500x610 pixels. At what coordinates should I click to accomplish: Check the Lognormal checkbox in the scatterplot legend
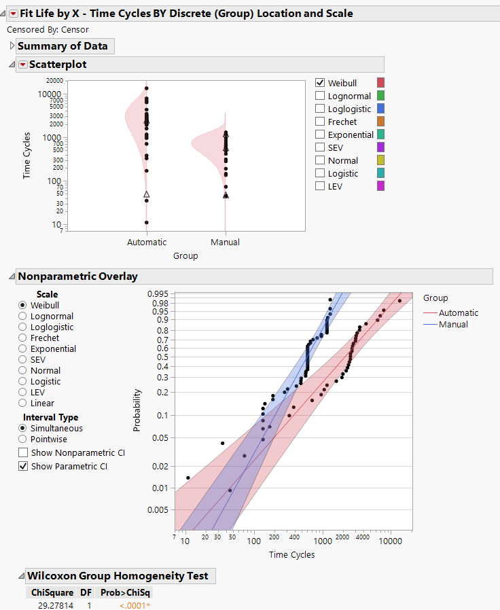pos(320,96)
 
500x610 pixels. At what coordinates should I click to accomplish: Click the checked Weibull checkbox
pos(320,83)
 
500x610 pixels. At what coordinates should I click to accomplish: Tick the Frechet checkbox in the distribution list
pos(320,122)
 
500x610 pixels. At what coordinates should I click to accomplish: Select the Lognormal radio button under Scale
pos(23,316)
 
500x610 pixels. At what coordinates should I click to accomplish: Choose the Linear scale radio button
pos(23,403)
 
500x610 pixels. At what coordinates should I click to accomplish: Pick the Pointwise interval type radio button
pos(23,439)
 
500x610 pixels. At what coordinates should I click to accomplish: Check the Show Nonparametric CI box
pos(24,452)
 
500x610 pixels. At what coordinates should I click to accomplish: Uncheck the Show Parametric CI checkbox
pos(24,466)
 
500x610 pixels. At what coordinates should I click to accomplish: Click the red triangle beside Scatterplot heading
pos(23,65)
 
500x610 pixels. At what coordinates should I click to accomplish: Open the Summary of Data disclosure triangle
pos(12,46)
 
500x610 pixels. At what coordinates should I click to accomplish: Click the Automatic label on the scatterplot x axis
pos(147,242)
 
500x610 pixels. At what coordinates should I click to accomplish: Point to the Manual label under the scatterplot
pos(225,242)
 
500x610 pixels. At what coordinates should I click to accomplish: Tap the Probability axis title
pos(138,410)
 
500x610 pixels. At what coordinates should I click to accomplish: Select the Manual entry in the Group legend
pos(453,324)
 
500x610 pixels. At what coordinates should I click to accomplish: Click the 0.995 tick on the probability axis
pos(158,293)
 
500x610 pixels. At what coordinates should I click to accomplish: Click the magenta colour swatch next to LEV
pos(381,186)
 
